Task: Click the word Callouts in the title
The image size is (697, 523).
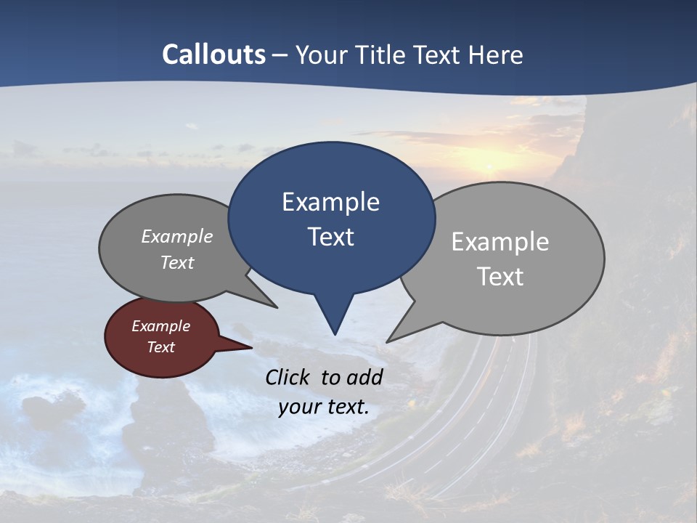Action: point(213,54)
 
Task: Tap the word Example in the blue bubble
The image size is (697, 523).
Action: point(330,202)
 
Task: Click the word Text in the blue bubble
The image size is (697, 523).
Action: point(330,237)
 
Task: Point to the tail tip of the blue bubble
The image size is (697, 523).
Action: point(335,333)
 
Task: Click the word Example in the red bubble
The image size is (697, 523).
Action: point(160,326)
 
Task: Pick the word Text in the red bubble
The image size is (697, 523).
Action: point(160,347)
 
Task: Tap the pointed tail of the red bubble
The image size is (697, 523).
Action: point(250,347)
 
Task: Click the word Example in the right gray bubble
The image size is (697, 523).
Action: point(500,242)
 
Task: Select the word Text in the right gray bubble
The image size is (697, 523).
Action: point(500,277)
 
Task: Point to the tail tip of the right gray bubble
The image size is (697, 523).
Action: point(388,341)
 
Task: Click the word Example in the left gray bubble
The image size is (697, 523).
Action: point(176,236)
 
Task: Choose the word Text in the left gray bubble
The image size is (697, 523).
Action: point(176,262)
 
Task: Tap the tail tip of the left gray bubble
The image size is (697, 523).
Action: point(277,307)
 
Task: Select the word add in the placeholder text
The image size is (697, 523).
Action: point(364,377)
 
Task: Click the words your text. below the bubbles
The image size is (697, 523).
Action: point(323,407)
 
